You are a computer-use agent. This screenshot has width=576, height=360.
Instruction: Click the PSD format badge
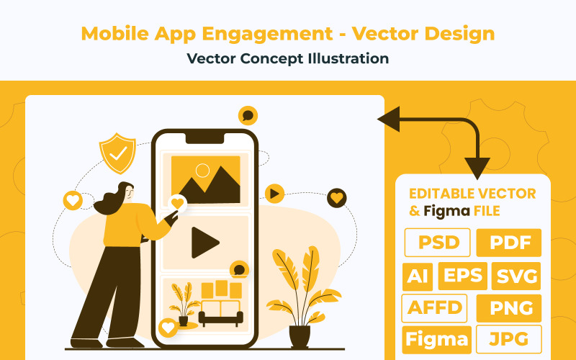pos(438,243)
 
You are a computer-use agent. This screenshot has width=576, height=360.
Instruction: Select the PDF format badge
pos(508,243)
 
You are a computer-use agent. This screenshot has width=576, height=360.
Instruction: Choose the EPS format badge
pos(463,276)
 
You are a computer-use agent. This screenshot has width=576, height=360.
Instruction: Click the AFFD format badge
pos(434,308)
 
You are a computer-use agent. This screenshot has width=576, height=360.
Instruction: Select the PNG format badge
pos(508,308)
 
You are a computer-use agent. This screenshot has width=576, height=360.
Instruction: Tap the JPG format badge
pos(508,340)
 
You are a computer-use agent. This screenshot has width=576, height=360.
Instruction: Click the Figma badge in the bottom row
pos(437,340)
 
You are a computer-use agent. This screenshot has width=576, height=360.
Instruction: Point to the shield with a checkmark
pos(117,153)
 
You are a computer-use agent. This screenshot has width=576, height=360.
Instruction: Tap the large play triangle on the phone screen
pos(204,243)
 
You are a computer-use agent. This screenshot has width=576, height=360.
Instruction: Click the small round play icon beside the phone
pos(274,193)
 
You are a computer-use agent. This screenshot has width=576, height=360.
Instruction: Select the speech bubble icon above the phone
pos(248,115)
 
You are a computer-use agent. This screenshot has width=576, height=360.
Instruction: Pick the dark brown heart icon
pos(337,197)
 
